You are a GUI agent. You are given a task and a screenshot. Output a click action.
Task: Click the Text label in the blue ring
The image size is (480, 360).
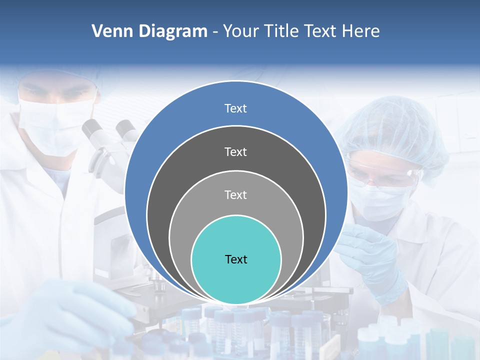click(235, 108)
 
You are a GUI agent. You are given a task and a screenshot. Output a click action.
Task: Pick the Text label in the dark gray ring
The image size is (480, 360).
click(235, 151)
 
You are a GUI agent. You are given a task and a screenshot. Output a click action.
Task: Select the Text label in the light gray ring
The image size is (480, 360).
click(235, 194)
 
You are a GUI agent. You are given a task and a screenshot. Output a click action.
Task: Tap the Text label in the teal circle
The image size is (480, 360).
click(236, 259)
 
